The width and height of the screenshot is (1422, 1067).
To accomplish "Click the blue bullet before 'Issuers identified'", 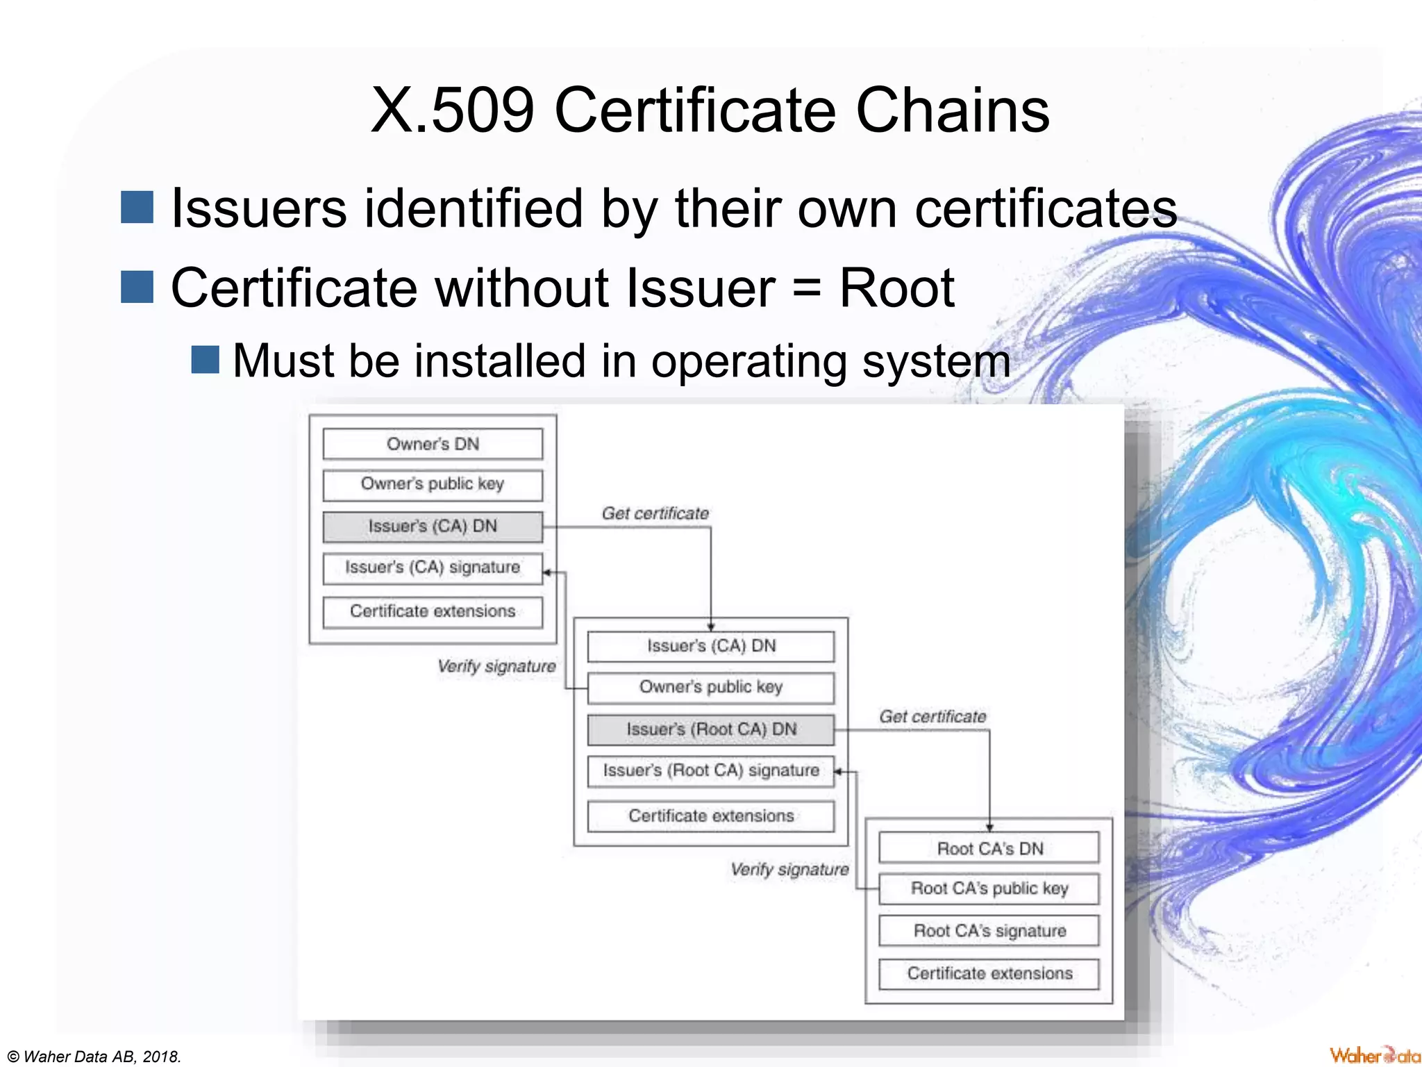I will tap(137, 208).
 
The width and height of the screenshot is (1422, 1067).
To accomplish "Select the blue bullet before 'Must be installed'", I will tap(206, 360).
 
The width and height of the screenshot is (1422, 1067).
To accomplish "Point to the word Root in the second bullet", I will tap(896, 288).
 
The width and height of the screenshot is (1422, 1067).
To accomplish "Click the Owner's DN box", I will tap(433, 444).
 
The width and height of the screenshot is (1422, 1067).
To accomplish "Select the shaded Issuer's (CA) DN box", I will tap(433, 527).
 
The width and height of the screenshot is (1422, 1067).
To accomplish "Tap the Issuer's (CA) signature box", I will tap(433, 568).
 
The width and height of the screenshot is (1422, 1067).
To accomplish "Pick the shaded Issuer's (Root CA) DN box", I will tap(710, 729).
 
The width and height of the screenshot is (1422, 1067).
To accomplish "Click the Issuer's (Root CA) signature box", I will tap(710, 771).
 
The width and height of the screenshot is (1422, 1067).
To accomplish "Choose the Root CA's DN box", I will tap(989, 848).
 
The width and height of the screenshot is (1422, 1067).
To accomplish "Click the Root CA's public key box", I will tap(989, 889).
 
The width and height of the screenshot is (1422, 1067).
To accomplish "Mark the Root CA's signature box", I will tap(989, 931).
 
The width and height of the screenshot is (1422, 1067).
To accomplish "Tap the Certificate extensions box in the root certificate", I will tap(989, 974).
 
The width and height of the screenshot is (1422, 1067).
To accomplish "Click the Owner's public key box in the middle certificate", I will tap(710, 687).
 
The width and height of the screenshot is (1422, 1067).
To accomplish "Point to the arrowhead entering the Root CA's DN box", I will tap(989, 827).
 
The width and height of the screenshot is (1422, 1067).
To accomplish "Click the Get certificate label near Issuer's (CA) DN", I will tap(655, 513).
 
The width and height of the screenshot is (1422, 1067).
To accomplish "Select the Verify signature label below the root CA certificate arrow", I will tap(789, 870).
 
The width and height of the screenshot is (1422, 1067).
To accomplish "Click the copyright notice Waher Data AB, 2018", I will tap(94, 1057).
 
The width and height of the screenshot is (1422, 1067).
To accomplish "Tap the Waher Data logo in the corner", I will tap(1374, 1055).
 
